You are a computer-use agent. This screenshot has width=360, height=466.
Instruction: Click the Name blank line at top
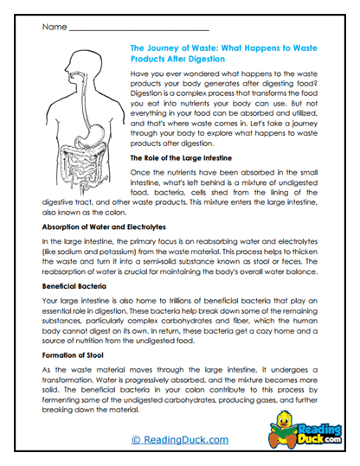pos(138,29)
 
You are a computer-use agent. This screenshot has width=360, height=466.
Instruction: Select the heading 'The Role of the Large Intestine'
pos(184,159)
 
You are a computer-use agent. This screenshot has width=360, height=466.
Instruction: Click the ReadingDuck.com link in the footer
pos(180,440)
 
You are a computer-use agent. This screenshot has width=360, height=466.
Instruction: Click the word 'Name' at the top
pos(54,28)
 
